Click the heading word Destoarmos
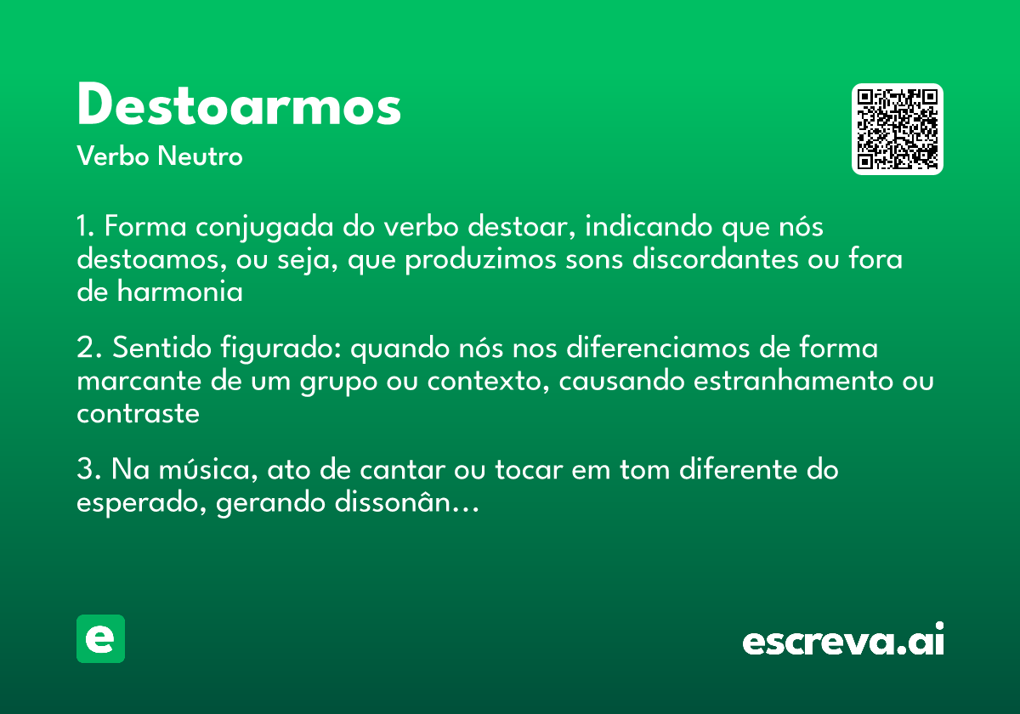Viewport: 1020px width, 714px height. click(x=239, y=106)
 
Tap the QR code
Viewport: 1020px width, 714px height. click(x=898, y=129)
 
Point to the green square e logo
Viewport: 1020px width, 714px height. click(x=100, y=638)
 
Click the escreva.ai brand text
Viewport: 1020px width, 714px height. click(x=843, y=641)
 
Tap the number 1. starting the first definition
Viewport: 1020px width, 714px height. click(x=87, y=228)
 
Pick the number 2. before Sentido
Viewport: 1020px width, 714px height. click(x=88, y=348)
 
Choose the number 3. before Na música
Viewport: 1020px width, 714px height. click(x=88, y=469)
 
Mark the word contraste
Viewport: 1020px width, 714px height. click(x=138, y=414)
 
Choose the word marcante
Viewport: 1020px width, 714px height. click(x=138, y=381)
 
